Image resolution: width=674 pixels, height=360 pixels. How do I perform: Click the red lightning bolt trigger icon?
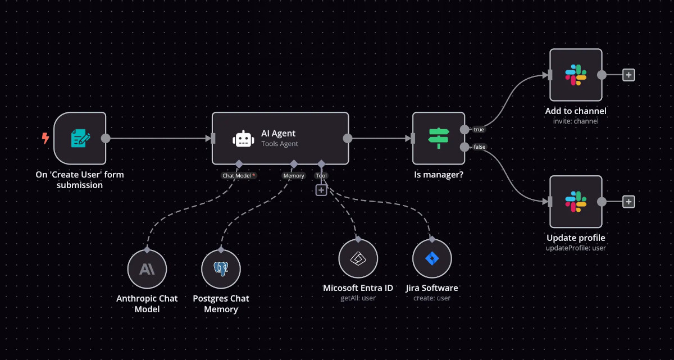[45, 138]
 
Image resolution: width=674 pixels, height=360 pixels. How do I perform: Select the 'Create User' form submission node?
[80, 138]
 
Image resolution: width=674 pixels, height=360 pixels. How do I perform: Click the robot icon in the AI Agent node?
[242, 138]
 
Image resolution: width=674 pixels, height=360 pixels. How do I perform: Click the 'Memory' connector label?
[293, 176]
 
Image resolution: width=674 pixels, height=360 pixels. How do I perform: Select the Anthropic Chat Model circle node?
[147, 270]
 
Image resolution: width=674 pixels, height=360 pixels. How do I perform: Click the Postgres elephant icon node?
[221, 270]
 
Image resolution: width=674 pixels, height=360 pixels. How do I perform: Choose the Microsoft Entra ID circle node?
[358, 259]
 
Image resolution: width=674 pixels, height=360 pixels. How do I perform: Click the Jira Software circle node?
[432, 259]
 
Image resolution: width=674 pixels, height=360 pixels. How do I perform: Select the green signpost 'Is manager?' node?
[439, 138]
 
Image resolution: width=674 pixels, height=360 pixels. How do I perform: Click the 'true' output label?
[479, 130]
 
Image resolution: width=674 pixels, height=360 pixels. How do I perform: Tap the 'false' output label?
[479, 147]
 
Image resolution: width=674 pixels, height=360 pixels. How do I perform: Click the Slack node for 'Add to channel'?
[576, 75]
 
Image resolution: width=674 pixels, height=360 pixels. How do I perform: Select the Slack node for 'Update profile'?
[576, 202]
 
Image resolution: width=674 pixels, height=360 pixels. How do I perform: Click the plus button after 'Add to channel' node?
[629, 75]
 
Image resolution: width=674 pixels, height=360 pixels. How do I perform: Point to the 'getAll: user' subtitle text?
[358, 298]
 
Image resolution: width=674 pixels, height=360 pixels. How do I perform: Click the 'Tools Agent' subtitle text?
[280, 144]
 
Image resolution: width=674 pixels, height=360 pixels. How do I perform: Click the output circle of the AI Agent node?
[348, 138]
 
